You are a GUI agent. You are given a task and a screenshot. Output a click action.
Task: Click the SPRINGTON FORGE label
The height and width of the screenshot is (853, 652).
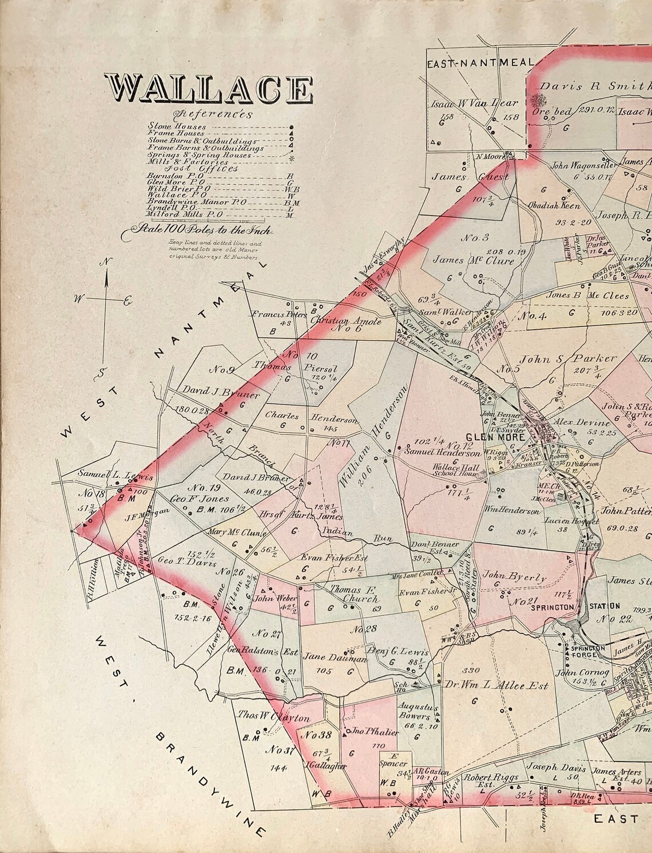point(585,651)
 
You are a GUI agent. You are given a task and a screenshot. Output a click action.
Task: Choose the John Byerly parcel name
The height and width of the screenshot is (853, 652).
point(514,577)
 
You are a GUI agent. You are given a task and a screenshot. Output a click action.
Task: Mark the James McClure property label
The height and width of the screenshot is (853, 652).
point(474,261)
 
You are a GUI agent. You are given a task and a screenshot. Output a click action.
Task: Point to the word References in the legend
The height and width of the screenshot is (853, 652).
point(215,113)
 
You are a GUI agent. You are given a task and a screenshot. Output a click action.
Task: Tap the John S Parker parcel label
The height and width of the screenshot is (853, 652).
point(567,359)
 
